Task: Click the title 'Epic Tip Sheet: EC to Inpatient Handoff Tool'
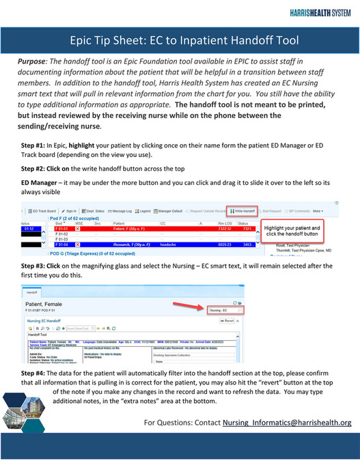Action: pos(180,40)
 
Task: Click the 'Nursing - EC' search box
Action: pos(225,310)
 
